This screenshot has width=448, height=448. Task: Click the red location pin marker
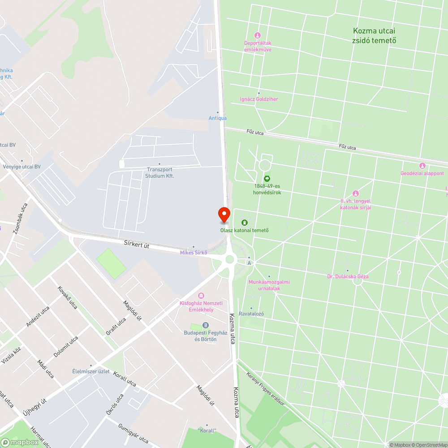pos(224,214)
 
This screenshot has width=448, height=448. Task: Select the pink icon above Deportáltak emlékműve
pos(257,35)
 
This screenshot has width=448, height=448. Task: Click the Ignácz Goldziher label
pos(258,99)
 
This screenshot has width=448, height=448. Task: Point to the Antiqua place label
pos(218,118)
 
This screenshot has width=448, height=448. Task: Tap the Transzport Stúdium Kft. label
pos(159,172)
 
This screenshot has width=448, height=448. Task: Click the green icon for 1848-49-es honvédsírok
pos(267,178)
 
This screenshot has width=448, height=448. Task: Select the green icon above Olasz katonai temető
pos(245,223)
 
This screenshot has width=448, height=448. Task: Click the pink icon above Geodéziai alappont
pos(422,166)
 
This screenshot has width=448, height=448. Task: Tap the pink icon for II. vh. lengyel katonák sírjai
pos(356,194)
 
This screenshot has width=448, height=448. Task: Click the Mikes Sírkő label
pos(194,252)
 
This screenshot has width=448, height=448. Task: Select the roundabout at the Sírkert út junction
pos(230,259)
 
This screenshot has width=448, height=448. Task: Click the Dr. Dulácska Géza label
pos(348,276)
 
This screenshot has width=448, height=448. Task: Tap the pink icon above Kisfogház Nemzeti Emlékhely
pos(201,295)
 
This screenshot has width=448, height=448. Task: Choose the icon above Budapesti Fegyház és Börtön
pos(205,325)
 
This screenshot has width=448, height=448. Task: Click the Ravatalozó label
pos(251,314)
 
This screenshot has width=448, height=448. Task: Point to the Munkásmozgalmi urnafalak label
pos(269,285)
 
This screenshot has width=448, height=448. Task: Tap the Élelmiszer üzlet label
pos(91,371)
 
